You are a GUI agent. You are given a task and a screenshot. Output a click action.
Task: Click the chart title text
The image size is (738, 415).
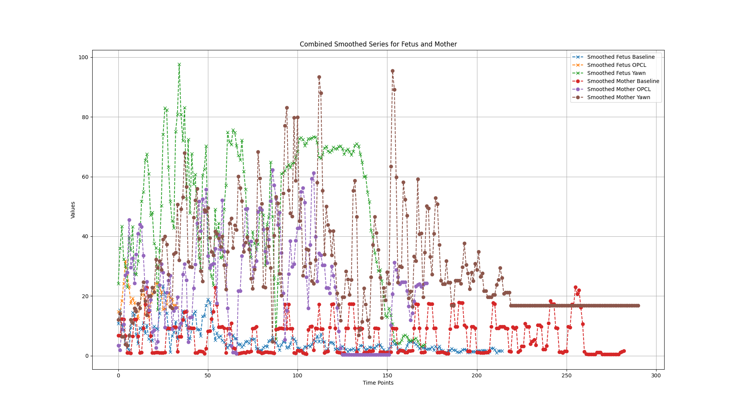point(378,44)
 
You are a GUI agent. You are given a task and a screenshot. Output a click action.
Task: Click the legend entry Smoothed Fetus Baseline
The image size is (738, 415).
point(621,57)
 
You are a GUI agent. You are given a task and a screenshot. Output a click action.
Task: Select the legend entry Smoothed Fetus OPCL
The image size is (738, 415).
point(617,65)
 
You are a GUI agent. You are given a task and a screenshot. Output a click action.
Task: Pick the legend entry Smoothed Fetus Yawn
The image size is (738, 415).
point(616,73)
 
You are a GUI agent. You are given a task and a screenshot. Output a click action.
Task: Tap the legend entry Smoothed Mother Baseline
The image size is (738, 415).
point(623,81)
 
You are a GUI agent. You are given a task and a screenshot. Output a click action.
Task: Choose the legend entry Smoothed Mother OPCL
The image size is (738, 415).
point(619,89)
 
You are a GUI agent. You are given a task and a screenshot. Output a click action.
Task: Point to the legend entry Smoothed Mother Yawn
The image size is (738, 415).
point(618,97)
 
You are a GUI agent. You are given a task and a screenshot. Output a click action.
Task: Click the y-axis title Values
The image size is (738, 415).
point(73,210)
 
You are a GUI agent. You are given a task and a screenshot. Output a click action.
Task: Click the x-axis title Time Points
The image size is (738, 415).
point(378,383)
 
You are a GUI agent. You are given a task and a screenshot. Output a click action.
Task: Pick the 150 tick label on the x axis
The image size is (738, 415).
point(387,375)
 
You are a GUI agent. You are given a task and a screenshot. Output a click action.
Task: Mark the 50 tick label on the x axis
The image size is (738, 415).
point(208,375)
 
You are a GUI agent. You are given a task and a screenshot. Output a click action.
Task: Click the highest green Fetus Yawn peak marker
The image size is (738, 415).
point(179,65)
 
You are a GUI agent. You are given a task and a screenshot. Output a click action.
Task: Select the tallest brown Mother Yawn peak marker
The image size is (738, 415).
point(392,71)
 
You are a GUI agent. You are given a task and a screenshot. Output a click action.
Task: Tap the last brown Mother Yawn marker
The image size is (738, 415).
point(638,306)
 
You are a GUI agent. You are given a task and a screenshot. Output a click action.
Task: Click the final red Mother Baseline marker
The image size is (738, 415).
point(624,351)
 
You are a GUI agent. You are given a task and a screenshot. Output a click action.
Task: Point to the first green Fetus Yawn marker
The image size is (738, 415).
point(118,284)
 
